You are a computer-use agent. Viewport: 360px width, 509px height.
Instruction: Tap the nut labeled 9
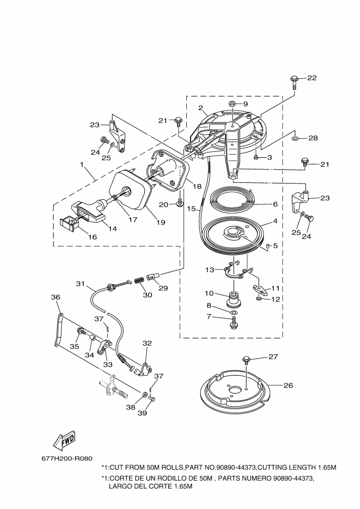(x=233, y=104)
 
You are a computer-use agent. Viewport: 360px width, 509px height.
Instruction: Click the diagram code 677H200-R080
(x=67, y=459)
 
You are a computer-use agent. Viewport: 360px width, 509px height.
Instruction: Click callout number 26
(x=288, y=385)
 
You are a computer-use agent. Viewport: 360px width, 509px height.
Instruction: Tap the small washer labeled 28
(x=295, y=139)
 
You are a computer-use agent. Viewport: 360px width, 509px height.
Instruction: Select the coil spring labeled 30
(x=139, y=279)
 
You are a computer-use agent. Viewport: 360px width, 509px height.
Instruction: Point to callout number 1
(x=82, y=164)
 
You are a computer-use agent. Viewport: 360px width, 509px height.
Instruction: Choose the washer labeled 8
(x=233, y=312)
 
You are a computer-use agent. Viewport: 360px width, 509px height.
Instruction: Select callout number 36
(x=56, y=297)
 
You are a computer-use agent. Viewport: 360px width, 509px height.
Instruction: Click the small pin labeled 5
(x=267, y=246)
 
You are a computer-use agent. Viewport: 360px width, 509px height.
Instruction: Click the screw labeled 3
(x=256, y=157)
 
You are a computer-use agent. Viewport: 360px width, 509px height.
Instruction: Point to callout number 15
(x=191, y=208)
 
